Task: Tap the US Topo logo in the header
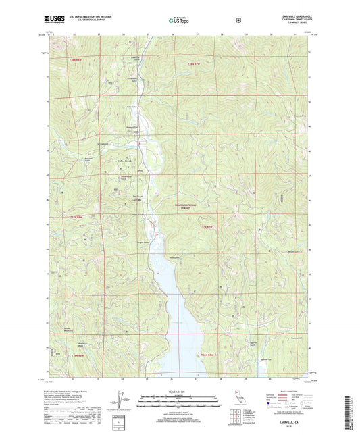(x=179, y=21)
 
